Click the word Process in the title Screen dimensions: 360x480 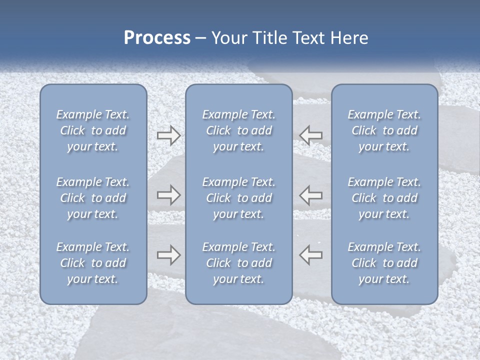pyautogui.click(x=157, y=37)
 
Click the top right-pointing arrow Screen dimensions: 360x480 pyautogui.click(x=168, y=135)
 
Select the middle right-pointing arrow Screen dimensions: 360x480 pyautogui.click(x=168, y=195)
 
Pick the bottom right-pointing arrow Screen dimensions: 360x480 pyautogui.click(x=168, y=255)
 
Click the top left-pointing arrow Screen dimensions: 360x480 pyautogui.click(x=310, y=135)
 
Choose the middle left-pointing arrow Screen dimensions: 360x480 pyautogui.click(x=310, y=195)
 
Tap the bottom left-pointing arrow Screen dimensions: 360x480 pyautogui.click(x=310, y=255)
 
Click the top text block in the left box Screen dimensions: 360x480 pyautogui.click(x=93, y=130)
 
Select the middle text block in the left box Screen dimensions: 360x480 pyautogui.click(x=93, y=198)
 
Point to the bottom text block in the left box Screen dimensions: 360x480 pyautogui.click(x=93, y=263)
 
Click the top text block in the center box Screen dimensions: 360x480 pyautogui.click(x=239, y=130)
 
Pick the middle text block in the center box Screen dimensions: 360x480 pyautogui.click(x=239, y=198)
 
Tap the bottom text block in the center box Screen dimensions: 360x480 pyautogui.click(x=239, y=263)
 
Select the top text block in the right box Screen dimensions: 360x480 pyautogui.click(x=384, y=130)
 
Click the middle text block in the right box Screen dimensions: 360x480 pyautogui.click(x=384, y=198)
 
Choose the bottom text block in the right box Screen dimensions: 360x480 pyautogui.click(x=384, y=263)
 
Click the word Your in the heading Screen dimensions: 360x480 pyautogui.click(x=229, y=37)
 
